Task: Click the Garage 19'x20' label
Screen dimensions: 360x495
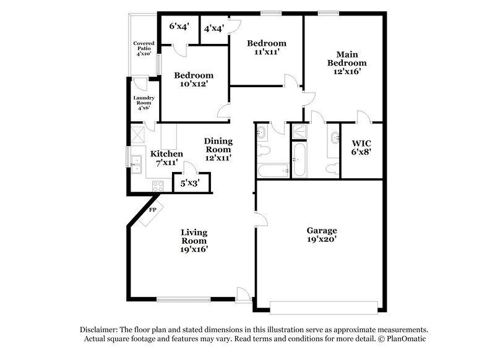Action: coord(321,235)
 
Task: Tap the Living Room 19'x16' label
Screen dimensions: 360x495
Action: coord(194,241)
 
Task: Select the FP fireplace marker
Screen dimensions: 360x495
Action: coord(152,210)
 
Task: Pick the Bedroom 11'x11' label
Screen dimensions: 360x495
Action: coord(266,48)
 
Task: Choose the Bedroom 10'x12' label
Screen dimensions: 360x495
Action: coord(193,80)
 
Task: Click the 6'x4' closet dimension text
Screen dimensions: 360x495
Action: coord(179,27)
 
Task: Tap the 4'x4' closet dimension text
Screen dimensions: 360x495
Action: coord(214,28)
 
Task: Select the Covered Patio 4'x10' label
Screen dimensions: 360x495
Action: coord(144,48)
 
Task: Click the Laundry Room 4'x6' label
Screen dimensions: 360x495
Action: coord(144,103)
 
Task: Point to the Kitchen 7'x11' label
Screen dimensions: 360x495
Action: coord(166,158)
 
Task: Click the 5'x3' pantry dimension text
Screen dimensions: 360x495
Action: coord(191,183)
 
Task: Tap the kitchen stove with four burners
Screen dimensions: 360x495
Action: coord(156,184)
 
